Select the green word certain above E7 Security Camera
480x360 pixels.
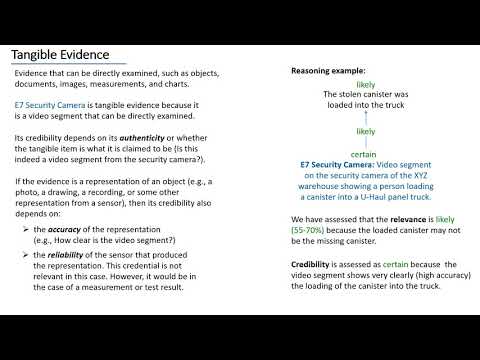pyautogui.click(x=365, y=154)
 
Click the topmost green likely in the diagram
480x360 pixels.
pyautogui.click(x=365, y=86)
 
